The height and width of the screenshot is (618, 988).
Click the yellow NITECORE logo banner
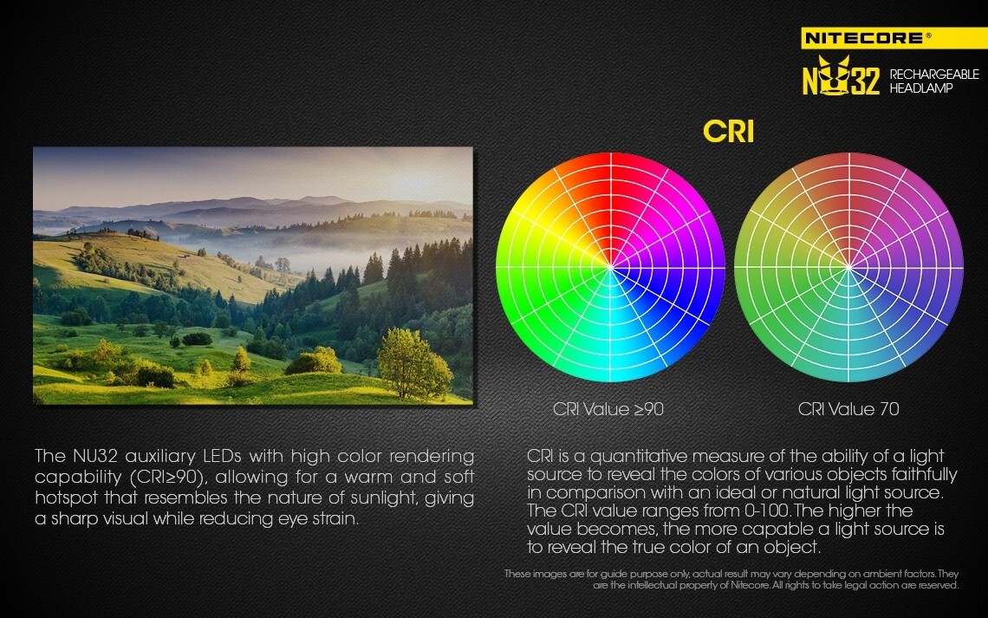coord(894,38)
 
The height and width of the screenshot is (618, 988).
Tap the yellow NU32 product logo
coord(841,76)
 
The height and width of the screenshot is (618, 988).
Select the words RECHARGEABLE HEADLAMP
coord(933,81)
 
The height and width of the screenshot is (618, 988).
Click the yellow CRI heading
coord(728,132)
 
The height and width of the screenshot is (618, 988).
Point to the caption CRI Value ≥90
coord(608,409)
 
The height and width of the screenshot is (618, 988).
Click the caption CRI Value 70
coord(848,409)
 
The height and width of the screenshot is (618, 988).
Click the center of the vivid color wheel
coord(611,268)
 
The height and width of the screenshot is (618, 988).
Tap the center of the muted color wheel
coord(848,268)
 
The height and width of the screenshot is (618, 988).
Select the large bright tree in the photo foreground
coord(413,363)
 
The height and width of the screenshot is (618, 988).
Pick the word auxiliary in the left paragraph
coord(160,456)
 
